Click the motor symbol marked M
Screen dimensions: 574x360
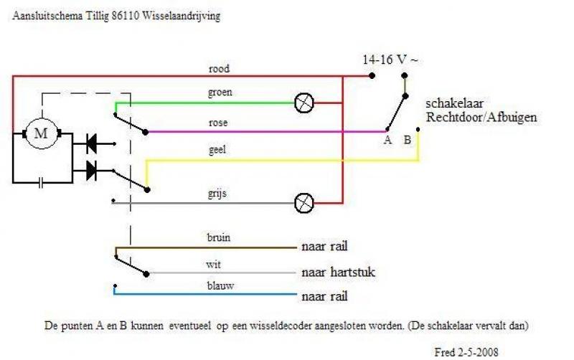tap(42, 133)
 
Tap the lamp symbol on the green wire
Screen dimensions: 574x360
tap(304, 103)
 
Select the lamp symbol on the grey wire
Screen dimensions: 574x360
tap(304, 203)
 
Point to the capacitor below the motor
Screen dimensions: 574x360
tap(41, 182)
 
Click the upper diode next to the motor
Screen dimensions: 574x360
tap(92, 143)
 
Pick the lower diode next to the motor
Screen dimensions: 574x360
tap(92, 171)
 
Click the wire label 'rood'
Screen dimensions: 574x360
tap(219, 68)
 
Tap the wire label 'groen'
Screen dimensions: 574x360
tap(220, 93)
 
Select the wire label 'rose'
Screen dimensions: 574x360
tap(218, 123)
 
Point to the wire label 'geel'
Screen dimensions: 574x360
tap(217, 150)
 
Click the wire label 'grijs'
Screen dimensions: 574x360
tap(217, 193)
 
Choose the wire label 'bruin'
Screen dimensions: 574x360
tap(219, 237)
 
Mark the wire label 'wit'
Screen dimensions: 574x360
tap(213, 264)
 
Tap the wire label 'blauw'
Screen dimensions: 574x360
tap(220, 285)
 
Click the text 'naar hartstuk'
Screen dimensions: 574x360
tap(338, 272)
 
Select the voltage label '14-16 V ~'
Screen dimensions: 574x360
tap(390, 60)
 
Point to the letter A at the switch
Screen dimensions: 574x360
tap(387, 140)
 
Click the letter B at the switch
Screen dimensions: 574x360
tap(407, 140)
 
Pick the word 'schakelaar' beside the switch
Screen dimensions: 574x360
tap(454, 103)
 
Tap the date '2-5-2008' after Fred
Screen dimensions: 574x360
tap(477, 352)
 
